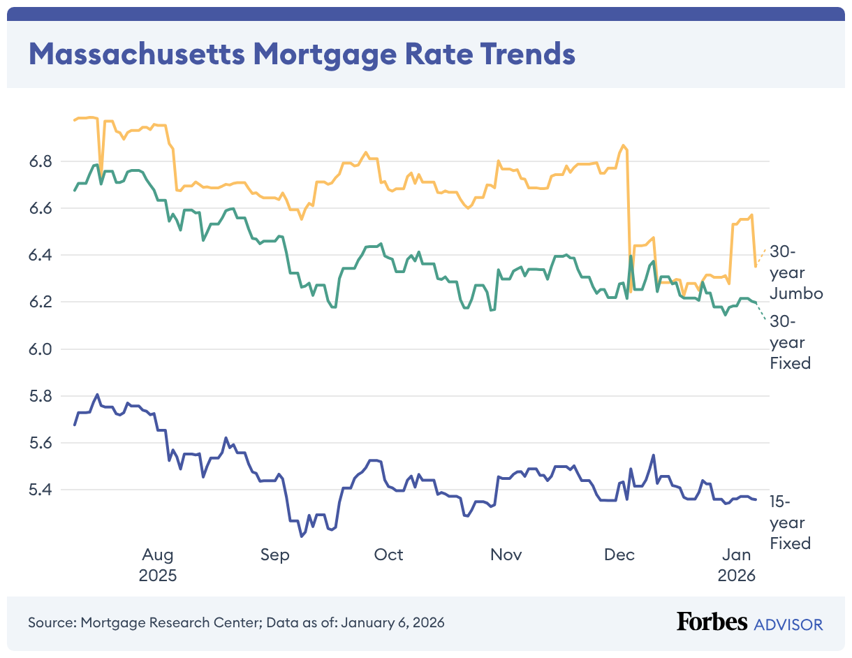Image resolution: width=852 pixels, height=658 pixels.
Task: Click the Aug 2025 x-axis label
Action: pos(158,565)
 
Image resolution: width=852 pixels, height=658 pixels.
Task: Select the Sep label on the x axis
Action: pos(274,555)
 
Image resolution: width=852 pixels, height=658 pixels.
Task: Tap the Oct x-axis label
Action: pos(388,555)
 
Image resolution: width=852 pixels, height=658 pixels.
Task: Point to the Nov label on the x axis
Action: pos(506,555)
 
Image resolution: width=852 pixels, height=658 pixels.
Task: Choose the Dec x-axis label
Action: pos(619,555)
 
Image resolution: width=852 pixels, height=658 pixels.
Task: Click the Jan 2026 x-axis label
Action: pos(737,565)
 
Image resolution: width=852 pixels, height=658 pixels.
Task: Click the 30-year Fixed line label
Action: pos(790,342)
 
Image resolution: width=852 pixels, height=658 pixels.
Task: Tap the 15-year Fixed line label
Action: pos(790,522)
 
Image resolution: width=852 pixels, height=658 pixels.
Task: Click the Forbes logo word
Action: pos(712,622)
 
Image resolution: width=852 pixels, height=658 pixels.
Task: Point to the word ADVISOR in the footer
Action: pos(788,624)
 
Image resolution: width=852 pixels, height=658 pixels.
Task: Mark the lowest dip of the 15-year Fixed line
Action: pos(301,536)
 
